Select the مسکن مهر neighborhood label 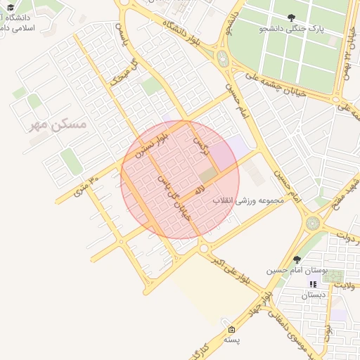(58, 124)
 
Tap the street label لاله (200, 188)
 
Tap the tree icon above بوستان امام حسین (296, 259)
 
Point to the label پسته (232, 340)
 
